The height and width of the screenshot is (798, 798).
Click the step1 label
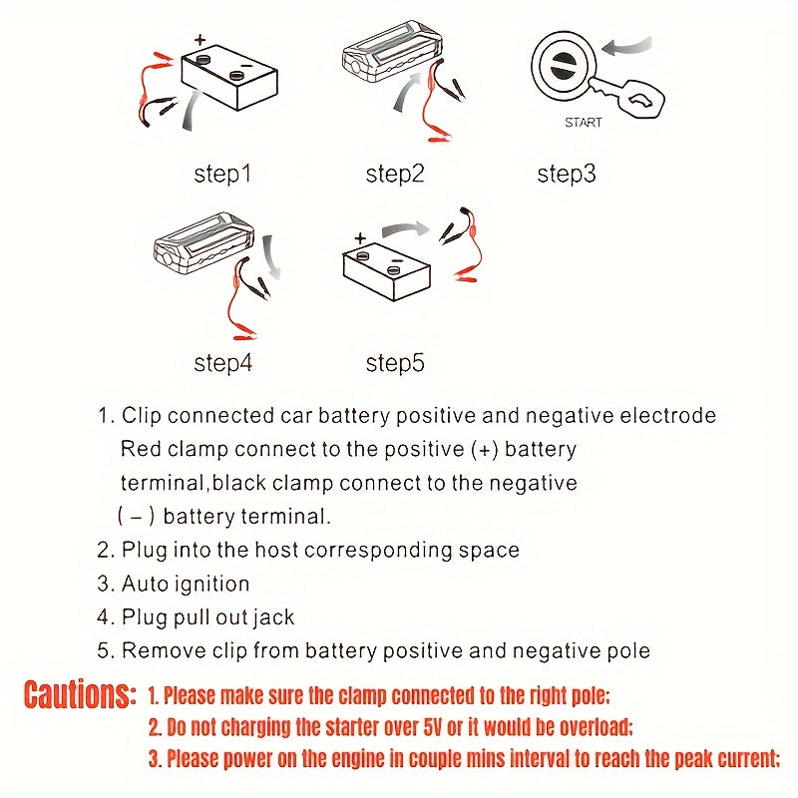(222, 174)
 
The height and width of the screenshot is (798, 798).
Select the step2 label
(395, 174)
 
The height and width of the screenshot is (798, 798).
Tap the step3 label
(566, 174)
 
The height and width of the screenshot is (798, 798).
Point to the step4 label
(222, 363)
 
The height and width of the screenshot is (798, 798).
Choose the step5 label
(395, 363)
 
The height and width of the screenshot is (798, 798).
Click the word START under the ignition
(584, 124)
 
